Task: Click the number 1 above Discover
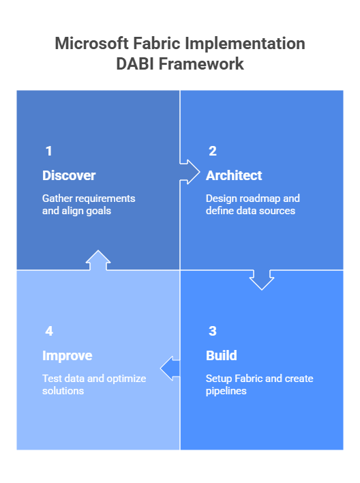(48, 151)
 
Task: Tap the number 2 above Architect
(213, 151)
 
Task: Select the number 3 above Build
(213, 331)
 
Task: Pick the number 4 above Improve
(49, 331)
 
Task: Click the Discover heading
(69, 175)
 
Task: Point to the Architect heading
(234, 175)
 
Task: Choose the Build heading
(222, 355)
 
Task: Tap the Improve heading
(67, 355)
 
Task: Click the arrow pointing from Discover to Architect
(189, 171)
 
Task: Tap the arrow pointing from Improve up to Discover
(98, 261)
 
